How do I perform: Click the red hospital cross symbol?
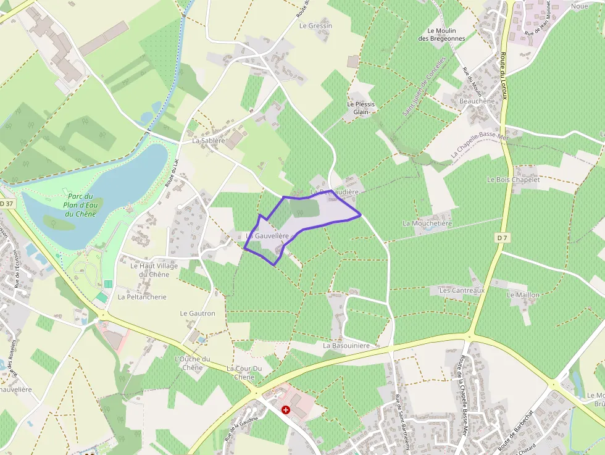point(286,409)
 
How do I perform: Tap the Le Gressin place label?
point(315,26)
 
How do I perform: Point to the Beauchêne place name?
point(477,101)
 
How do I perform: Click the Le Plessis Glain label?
point(361,108)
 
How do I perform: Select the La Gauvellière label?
point(267,236)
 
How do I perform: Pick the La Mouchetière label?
point(427,223)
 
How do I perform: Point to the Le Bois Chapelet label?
point(513,180)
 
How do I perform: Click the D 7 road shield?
point(502,237)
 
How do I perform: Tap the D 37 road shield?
point(6,203)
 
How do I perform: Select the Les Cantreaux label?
point(462,290)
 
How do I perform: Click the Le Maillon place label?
point(523,295)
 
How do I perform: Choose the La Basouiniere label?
point(346,346)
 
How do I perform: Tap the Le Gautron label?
point(198,314)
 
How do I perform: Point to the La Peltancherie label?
point(142,297)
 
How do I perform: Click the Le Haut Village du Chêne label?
point(154,270)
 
